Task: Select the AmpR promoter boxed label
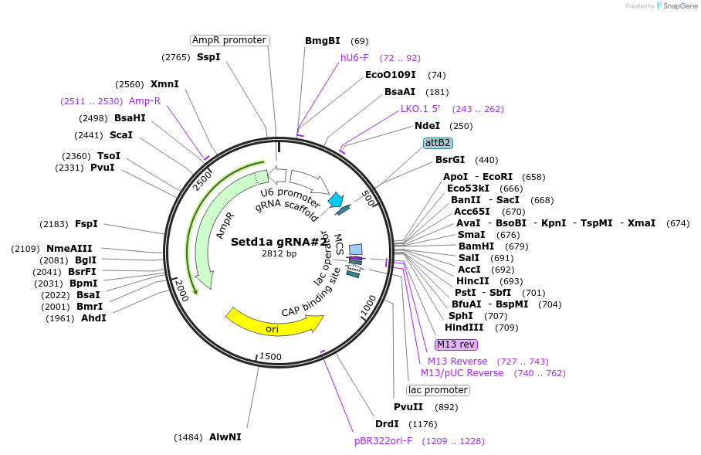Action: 229,40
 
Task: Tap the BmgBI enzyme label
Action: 323,41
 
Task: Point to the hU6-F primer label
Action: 354,58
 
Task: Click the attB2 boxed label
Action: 438,143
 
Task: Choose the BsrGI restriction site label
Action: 450,160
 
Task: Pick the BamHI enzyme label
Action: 476,246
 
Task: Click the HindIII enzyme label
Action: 466,328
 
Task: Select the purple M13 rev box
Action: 456,345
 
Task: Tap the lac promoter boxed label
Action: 438,390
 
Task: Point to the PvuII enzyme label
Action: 408,407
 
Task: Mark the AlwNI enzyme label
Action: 225,437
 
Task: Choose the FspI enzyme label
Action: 86,224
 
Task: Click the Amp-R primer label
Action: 145,101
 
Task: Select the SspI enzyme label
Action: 208,57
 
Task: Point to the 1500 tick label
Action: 270,356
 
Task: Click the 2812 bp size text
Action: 279,253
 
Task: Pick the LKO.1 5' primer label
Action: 420,109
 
